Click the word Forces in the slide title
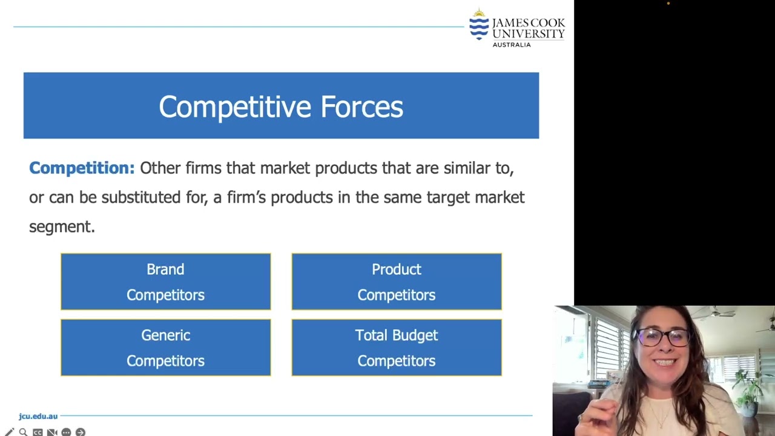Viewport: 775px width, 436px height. (x=361, y=107)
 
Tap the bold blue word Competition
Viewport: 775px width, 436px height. (x=82, y=168)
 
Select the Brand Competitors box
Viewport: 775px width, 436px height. (x=165, y=282)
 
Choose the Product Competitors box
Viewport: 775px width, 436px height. (x=397, y=282)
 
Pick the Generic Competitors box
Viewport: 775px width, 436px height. (x=165, y=348)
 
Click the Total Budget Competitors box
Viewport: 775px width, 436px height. (x=397, y=348)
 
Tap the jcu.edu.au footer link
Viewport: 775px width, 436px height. (x=38, y=416)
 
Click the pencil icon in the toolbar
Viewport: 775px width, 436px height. (x=9, y=432)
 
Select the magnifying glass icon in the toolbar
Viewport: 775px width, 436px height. (x=23, y=432)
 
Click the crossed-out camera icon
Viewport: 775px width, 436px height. (x=52, y=432)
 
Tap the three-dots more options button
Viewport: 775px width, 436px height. (x=66, y=432)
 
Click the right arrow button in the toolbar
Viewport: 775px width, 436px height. (x=81, y=432)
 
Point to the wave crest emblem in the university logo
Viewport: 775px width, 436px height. (x=479, y=25)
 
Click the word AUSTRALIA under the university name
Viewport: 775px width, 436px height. (x=512, y=44)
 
